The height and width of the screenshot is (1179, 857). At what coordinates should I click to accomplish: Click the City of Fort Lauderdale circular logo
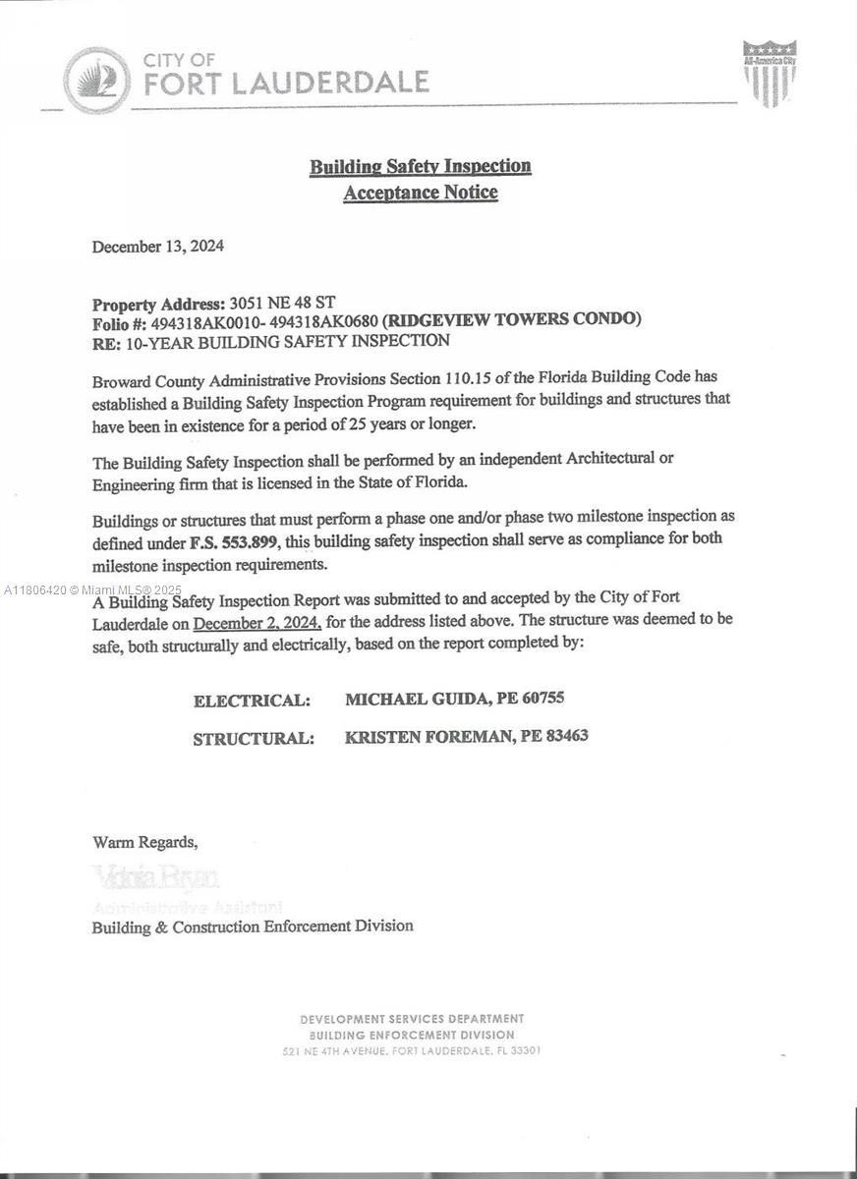click(96, 81)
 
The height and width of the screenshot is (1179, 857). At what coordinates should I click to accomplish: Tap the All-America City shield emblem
click(770, 74)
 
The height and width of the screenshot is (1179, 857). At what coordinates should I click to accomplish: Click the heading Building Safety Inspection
click(421, 166)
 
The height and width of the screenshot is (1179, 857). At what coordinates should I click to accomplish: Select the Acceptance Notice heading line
click(421, 193)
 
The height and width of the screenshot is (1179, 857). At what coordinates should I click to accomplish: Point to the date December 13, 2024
click(158, 246)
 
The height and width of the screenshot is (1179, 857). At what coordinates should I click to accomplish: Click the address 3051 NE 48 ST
click(288, 303)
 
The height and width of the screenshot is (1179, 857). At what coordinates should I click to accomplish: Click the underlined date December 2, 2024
click(257, 623)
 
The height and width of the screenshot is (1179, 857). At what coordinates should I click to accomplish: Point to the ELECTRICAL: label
click(252, 701)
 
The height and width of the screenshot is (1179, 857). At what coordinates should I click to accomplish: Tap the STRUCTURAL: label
click(254, 739)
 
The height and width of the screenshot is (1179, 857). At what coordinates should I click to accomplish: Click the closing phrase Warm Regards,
click(145, 842)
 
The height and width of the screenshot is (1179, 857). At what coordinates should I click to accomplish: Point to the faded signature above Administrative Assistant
click(156, 876)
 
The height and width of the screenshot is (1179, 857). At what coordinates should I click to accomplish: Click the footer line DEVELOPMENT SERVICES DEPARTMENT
click(412, 1019)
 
